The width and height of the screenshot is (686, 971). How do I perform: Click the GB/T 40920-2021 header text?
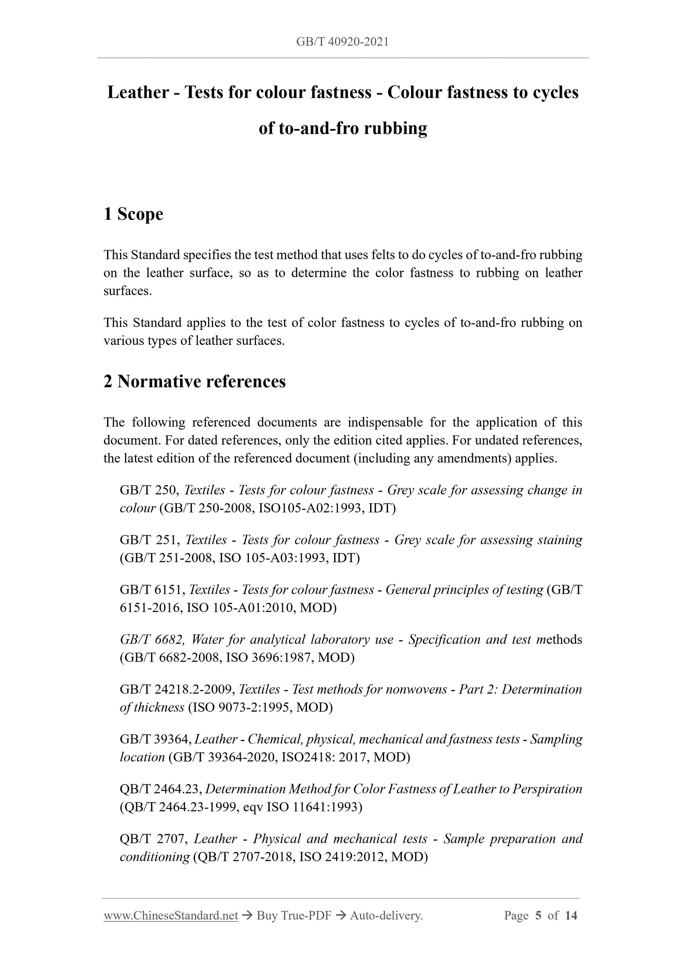click(x=342, y=42)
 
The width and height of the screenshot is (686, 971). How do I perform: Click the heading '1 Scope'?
click(x=133, y=214)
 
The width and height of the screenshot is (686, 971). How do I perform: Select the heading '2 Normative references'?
click(x=195, y=382)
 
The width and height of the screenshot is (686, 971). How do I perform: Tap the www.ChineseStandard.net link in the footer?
click(x=171, y=916)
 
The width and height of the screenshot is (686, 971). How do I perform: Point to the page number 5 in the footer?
click(x=538, y=916)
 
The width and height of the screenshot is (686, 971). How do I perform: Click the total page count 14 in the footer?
click(x=571, y=916)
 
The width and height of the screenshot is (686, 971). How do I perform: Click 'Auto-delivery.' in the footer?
click(x=386, y=916)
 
